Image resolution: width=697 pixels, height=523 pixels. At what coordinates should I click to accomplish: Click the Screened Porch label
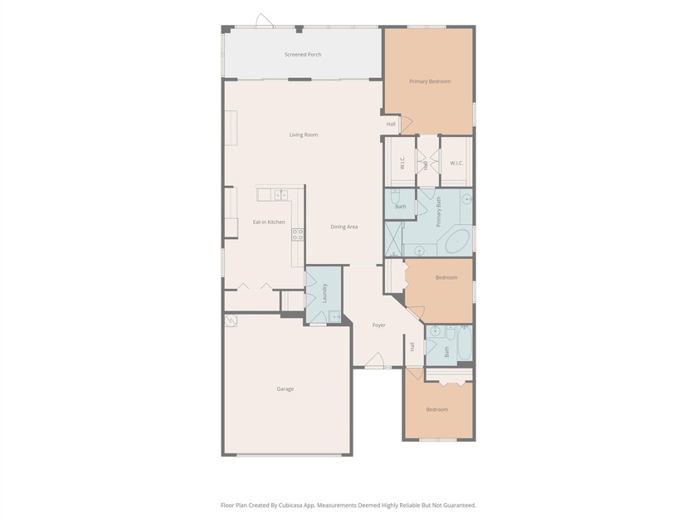303,55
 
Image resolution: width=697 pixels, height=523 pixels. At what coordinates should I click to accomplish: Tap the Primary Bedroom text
430,81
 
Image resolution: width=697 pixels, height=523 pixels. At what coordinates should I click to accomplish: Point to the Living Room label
304,134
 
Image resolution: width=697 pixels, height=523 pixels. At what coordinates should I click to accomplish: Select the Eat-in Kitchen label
269,222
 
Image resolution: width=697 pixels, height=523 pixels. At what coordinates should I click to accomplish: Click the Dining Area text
344,227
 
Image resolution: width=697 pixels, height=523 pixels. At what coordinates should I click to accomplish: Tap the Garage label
285,389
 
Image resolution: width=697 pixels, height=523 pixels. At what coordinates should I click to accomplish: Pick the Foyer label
378,325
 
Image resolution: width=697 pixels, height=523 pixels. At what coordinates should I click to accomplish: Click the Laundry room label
324,294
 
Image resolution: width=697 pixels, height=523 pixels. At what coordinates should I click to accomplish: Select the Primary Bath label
439,212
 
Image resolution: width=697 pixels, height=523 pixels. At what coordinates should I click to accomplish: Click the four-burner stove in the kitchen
297,235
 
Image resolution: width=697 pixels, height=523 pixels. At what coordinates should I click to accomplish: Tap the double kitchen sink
280,195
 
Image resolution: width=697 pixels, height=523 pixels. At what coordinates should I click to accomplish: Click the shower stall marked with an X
393,239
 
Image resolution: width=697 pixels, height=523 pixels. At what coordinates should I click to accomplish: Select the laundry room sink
334,316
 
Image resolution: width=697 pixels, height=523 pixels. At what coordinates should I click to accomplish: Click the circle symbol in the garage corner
231,320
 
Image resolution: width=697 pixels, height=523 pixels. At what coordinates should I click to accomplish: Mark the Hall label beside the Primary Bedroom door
391,124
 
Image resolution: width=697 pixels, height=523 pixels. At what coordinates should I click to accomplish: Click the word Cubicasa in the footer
291,506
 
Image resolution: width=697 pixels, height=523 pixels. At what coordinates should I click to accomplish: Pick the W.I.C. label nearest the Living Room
402,163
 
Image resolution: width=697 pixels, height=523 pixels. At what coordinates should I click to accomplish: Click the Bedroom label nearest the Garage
437,409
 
